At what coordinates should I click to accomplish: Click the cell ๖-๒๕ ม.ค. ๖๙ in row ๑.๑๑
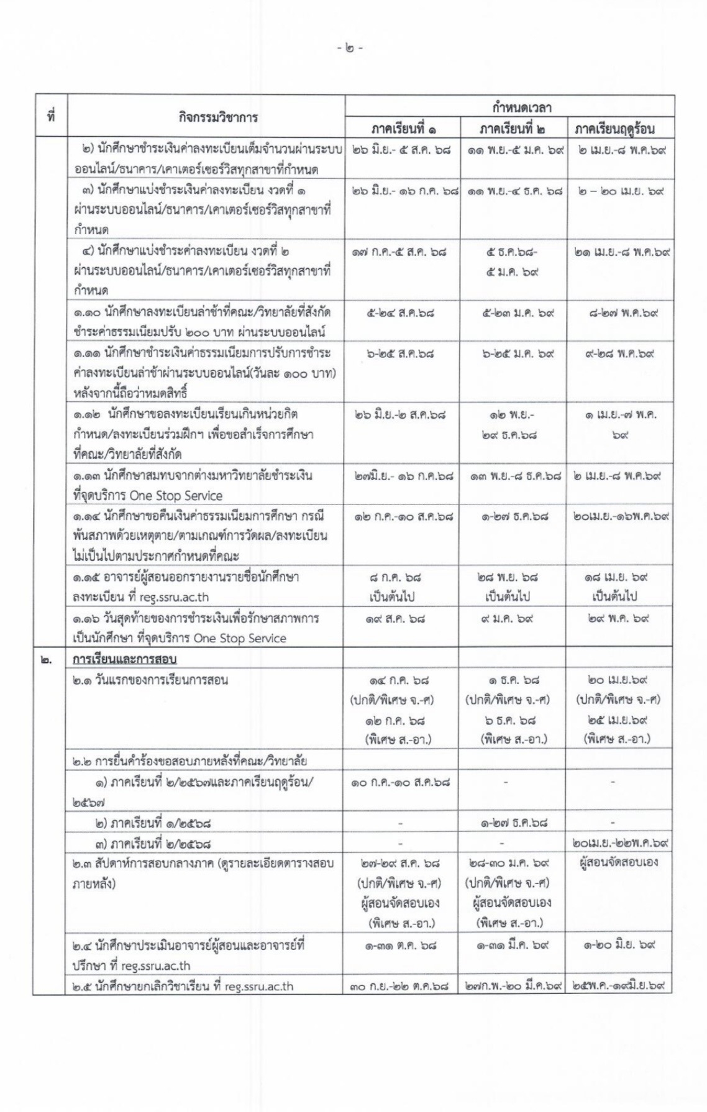pyautogui.click(x=512, y=353)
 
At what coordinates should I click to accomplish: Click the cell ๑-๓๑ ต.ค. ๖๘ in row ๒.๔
pyautogui.click(x=400, y=945)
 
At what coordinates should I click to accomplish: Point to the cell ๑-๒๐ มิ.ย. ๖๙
pyautogui.click(x=618, y=945)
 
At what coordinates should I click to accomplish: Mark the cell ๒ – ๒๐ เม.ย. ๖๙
pyautogui.click(x=618, y=191)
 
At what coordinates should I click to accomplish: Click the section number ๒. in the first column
pyautogui.click(x=46, y=659)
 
